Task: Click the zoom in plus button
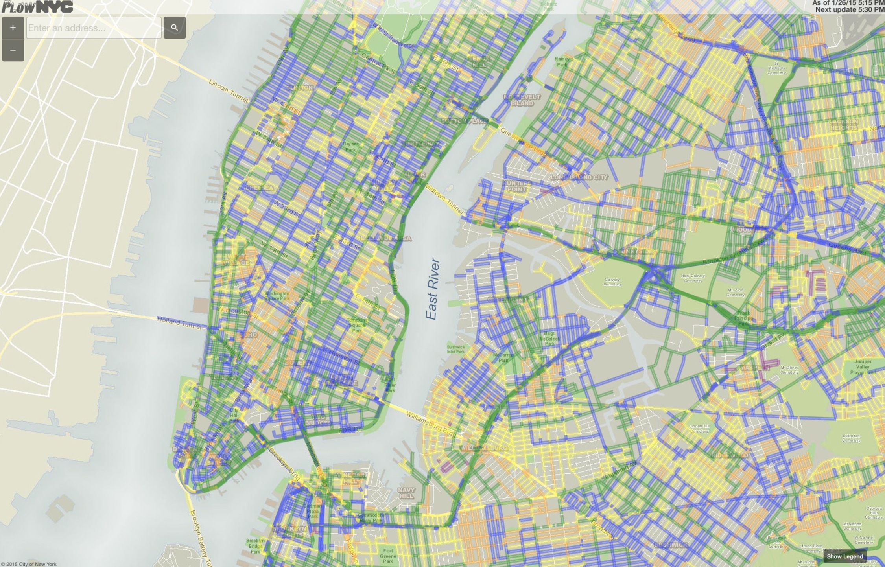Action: [13, 28]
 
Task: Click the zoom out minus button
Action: [13, 50]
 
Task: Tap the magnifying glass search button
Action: [175, 28]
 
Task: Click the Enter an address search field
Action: [94, 28]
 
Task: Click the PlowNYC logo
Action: [37, 7]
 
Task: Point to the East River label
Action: [432, 289]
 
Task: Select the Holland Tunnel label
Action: [179, 323]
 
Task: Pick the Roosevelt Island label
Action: [522, 100]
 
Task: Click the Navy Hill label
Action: [406, 493]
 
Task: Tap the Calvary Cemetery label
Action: [612, 282]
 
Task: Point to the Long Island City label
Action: [579, 177]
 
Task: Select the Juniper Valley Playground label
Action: [863, 366]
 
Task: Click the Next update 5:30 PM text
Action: [850, 9]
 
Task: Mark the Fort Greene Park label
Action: [388, 556]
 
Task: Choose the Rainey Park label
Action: [562, 62]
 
